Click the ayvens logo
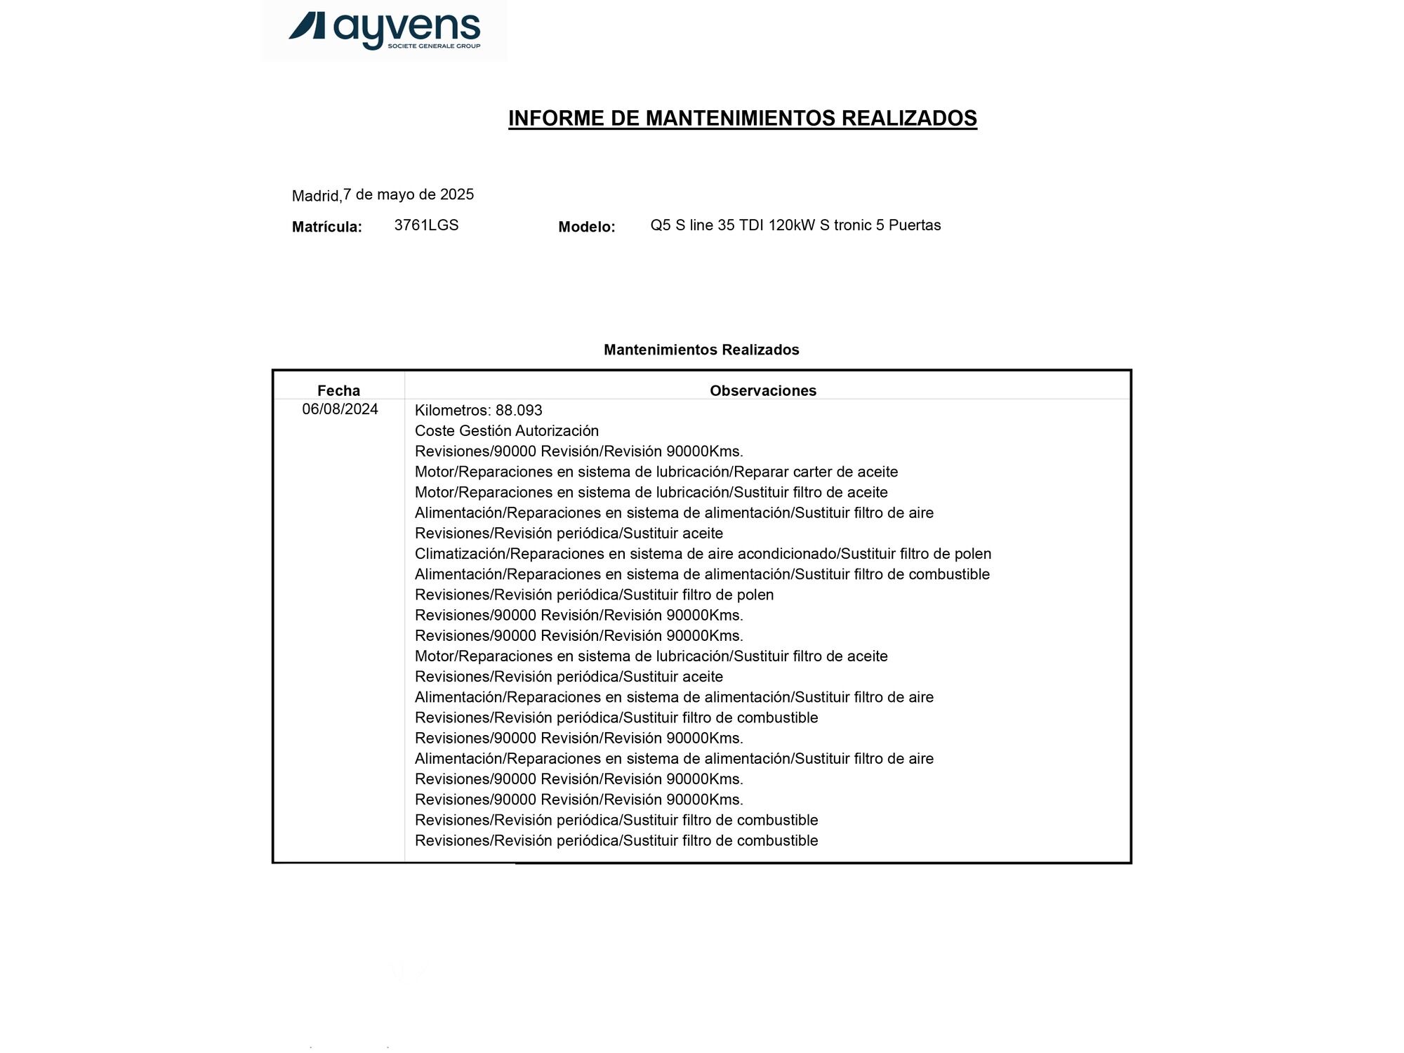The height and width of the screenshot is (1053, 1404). [x=384, y=30]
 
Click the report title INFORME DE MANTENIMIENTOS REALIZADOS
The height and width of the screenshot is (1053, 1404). [x=742, y=118]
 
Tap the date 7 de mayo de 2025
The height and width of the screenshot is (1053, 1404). [x=408, y=194]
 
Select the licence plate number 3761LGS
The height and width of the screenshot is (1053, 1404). [x=426, y=225]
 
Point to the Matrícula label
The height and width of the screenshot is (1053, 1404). [x=326, y=227]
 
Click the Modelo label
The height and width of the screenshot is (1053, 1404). [x=586, y=227]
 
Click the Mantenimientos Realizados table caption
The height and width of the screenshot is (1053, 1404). [x=701, y=350]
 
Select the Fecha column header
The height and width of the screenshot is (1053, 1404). [x=338, y=390]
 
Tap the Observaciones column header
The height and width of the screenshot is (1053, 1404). [x=762, y=390]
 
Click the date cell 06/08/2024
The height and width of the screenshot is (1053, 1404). [x=340, y=409]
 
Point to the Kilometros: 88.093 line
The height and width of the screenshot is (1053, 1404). [x=478, y=410]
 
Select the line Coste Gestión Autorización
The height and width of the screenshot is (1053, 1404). [x=506, y=430]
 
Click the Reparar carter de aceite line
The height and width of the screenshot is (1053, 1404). [x=656, y=472]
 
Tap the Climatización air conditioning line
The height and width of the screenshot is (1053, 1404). [x=702, y=554]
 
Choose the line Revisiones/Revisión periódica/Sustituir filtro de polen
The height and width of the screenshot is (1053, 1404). [x=594, y=595]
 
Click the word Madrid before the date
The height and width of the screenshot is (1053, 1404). [x=316, y=196]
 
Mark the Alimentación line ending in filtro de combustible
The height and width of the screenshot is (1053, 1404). [x=702, y=574]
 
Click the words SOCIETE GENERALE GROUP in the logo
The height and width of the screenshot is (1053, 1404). [x=434, y=46]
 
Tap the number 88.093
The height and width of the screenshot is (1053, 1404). [x=519, y=410]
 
